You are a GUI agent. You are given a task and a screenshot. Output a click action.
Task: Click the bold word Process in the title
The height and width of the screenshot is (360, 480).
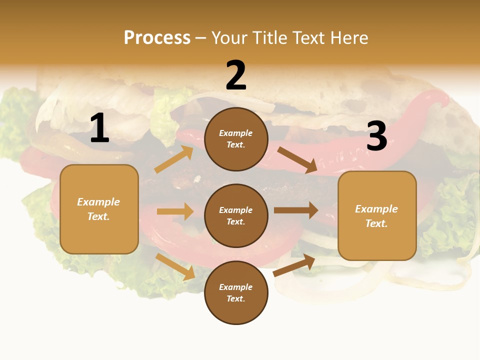157,38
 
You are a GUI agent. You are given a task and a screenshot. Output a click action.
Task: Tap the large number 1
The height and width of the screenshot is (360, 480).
99,128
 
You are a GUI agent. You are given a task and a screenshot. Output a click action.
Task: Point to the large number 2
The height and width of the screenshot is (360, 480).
236,75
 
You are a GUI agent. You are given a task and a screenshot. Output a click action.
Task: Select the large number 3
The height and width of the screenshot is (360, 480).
376,136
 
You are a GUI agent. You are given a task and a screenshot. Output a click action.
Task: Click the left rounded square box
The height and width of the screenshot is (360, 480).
99,209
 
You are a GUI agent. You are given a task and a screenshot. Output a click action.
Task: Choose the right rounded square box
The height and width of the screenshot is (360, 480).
377,216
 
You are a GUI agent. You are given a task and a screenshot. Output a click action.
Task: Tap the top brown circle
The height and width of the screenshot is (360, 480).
236,139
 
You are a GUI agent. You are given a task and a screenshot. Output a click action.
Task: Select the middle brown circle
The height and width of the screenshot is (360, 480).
236,216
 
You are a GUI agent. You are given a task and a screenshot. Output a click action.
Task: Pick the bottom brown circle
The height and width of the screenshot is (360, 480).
236,293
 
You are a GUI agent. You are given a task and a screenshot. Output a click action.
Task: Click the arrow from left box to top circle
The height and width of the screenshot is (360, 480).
174,159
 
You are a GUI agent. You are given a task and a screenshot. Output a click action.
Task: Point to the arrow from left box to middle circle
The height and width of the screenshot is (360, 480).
175,211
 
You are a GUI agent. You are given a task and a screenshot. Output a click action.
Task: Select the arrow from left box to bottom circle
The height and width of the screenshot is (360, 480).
175,266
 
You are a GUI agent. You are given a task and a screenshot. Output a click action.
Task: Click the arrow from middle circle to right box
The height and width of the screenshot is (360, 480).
295,210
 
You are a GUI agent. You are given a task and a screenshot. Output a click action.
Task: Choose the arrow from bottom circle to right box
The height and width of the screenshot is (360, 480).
294,265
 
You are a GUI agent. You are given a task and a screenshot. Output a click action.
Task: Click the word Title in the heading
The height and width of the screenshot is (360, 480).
269,38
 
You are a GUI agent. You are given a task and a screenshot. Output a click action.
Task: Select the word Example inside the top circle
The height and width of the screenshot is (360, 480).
236,133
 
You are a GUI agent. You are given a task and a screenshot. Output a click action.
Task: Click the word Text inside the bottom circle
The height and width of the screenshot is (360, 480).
236,299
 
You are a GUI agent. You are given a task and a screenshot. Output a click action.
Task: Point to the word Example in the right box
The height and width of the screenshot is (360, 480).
376,209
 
